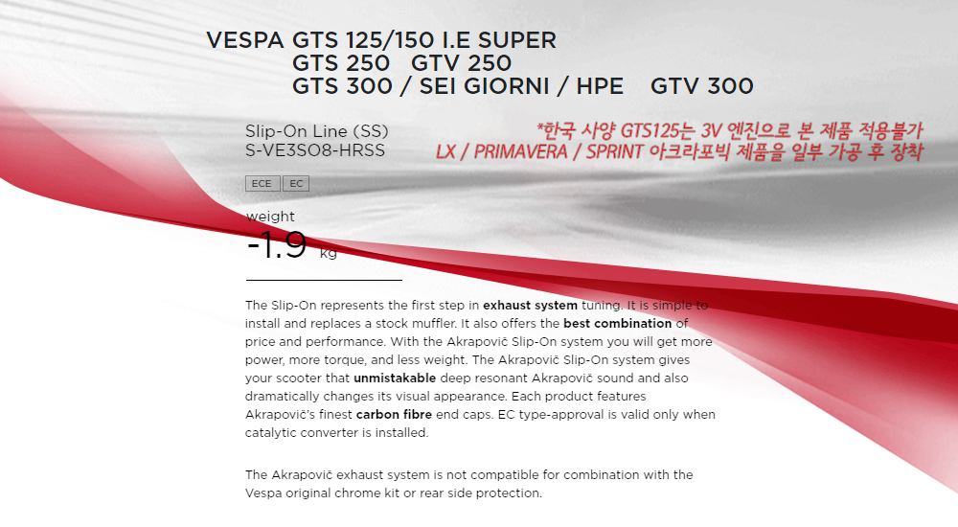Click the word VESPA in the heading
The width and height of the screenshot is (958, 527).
click(x=245, y=40)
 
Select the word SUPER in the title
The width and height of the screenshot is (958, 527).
click(x=517, y=40)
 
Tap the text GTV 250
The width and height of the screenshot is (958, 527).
click(x=462, y=63)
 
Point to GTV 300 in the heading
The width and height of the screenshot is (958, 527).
click(x=702, y=86)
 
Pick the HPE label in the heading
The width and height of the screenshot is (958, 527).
click(x=600, y=86)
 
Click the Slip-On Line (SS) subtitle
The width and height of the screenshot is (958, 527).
click(x=316, y=131)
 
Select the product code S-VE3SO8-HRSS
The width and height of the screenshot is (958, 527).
click(x=315, y=150)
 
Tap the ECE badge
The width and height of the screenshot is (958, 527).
click(x=262, y=183)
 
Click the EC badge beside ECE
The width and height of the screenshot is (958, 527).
click(x=296, y=183)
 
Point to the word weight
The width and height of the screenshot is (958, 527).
click(x=270, y=217)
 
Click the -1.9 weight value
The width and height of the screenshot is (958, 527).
click(x=277, y=244)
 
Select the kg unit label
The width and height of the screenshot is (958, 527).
click(x=328, y=253)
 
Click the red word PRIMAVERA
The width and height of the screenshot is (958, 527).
click(x=520, y=151)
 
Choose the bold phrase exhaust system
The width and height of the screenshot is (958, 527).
click(x=531, y=305)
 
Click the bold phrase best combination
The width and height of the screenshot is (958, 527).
click(x=618, y=324)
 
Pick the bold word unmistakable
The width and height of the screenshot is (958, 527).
click(x=395, y=378)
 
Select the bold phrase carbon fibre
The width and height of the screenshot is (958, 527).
click(x=394, y=415)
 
